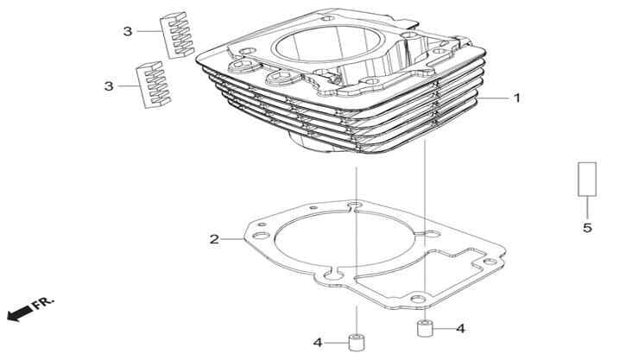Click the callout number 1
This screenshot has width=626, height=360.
tap(517, 98)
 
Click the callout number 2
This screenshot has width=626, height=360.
tap(214, 239)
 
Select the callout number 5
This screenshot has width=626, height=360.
tap(587, 228)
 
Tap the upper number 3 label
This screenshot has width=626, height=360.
tap(127, 31)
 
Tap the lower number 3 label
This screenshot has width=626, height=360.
tap(109, 86)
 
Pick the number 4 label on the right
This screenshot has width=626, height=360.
tap(461, 329)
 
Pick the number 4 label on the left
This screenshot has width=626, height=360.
tap(318, 343)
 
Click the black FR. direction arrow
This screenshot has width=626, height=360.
tap(20, 313)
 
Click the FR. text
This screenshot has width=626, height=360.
tap(43, 303)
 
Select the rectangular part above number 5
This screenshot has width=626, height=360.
tap(587, 180)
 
